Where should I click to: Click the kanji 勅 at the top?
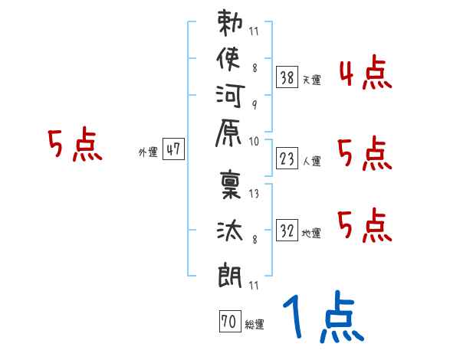[231, 24]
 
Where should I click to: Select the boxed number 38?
[287, 77]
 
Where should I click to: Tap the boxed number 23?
[287, 159]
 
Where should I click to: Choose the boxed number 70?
[228, 322]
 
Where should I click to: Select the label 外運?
[148, 152]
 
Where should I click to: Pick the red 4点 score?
[365, 76]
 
